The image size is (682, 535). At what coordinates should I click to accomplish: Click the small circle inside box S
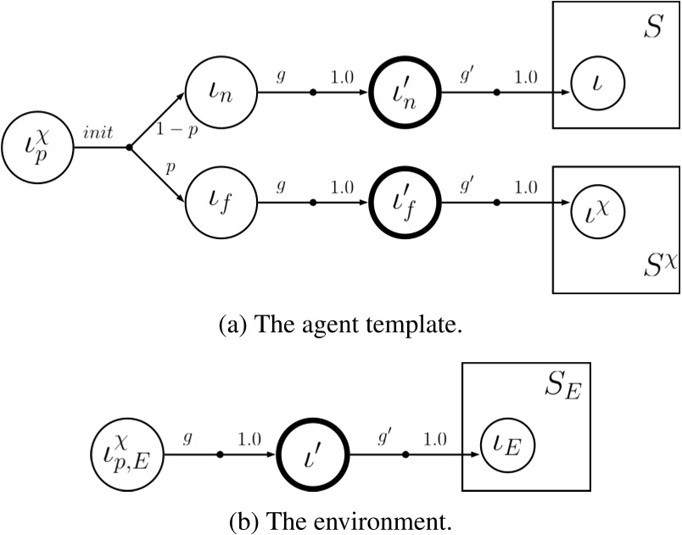coord(597,82)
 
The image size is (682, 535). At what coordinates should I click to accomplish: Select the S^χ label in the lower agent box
coord(653,263)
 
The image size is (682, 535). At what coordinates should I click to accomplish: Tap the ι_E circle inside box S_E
coord(508,443)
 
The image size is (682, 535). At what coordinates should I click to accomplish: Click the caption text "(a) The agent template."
coord(341,325)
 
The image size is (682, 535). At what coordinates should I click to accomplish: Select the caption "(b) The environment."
coord(341,518)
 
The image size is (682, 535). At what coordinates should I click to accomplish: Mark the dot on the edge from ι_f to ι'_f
coord(312,203)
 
